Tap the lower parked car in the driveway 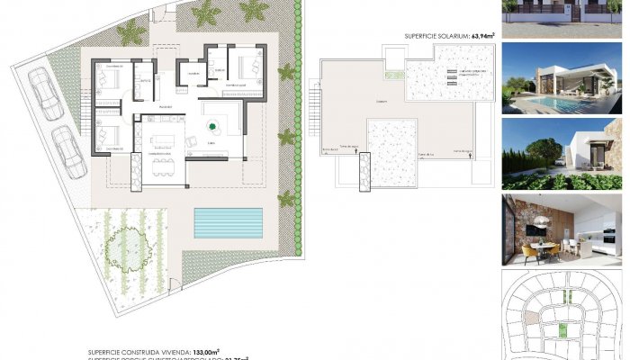coord(65,151)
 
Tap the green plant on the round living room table coord(214,128)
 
